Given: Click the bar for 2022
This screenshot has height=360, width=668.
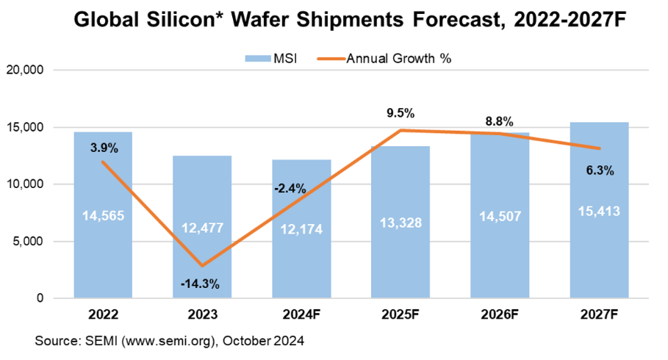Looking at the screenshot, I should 103,242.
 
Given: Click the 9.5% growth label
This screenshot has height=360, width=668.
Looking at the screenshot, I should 400,114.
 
